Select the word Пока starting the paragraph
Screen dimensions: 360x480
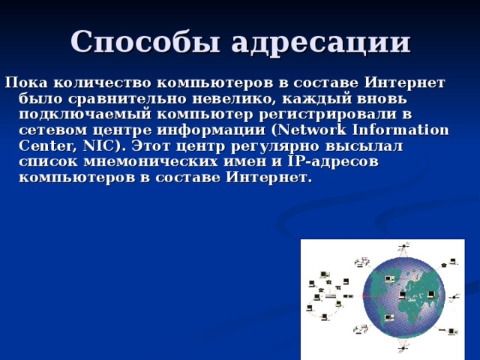tap(26, 82)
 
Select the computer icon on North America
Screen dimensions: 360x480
tap(389, 279)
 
